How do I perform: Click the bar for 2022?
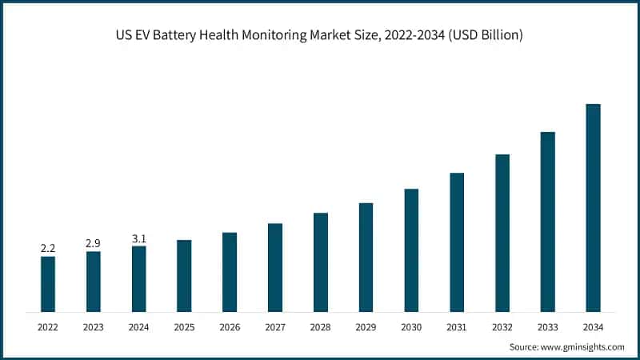48,283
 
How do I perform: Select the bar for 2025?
184,275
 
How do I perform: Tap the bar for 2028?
321,262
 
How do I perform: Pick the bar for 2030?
411,250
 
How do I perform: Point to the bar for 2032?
502,232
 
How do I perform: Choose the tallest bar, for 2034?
593,207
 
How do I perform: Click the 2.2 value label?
48,249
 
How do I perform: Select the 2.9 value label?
94,243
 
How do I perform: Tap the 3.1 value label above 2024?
138,238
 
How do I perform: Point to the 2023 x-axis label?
94,326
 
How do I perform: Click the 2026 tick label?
230,326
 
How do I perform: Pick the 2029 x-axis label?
366,326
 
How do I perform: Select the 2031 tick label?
457,326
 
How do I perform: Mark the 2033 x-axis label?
547,326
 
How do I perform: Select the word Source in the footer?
523,346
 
